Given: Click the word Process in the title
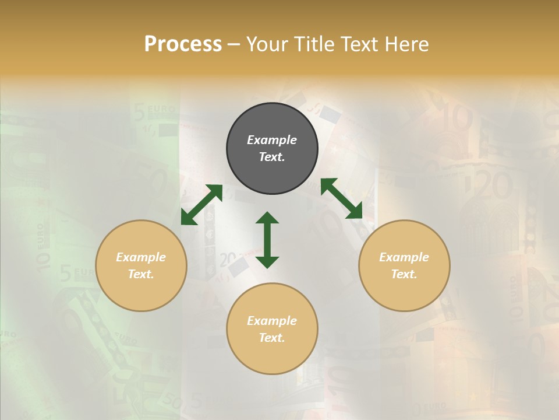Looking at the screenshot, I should (183, 44).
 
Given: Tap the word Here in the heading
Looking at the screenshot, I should (405, 44).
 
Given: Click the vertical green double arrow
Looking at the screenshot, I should (267, 240).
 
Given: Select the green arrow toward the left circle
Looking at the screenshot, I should (201, 205).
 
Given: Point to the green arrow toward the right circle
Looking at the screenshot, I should (341, 198).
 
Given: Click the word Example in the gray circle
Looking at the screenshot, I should (272, 140).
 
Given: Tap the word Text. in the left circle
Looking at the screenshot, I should (141, 274).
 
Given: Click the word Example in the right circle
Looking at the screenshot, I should (404, 257).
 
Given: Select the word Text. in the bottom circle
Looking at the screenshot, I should (272, 338).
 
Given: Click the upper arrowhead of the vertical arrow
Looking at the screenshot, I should (267, 217).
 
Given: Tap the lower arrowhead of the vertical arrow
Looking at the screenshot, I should (267, 262).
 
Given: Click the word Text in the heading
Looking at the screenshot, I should (358, 44).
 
